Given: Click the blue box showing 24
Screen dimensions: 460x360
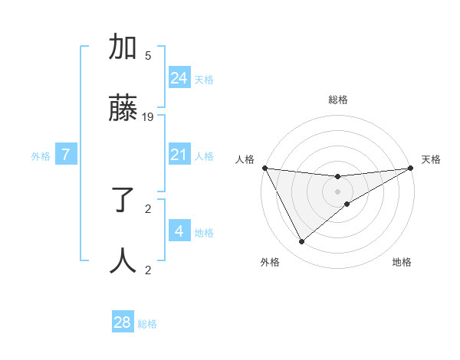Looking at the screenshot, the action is [x=179, y=77].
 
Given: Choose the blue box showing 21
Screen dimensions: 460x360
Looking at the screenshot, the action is [x=179, y=155].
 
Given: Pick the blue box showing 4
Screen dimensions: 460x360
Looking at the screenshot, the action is [x=179, y=231].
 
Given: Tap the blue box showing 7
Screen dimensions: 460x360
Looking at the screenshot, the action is [x=66, y=155].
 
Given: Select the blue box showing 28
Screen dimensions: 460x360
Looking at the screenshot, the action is [x=123, y=322].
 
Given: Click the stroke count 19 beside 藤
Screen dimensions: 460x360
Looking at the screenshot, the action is [x=148, y=117].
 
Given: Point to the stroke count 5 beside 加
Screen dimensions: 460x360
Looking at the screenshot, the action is [x=148, y=55].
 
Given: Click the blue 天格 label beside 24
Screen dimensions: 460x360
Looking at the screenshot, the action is [x=204, y=79].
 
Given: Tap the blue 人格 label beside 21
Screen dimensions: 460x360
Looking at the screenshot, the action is [x=204, y=156].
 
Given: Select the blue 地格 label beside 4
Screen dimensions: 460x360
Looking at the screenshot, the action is [x=204, y=233].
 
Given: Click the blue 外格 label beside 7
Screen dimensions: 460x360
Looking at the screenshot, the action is [x=41, y=156].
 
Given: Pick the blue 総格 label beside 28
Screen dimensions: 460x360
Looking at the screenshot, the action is [x=147, y=324].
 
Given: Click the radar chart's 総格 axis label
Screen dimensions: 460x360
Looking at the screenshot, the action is [x=338, y=100].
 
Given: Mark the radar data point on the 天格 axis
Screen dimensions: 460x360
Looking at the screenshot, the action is [x=410, y=169].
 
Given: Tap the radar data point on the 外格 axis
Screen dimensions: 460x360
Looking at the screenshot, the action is [x=301, y=242].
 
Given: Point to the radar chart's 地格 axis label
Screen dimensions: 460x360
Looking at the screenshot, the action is [x=402, y=262].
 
